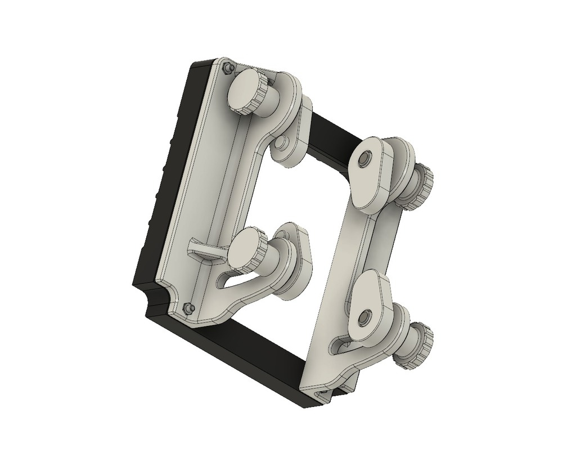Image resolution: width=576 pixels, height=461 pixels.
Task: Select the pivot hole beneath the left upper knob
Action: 282,147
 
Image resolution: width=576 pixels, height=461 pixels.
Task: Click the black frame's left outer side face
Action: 163,186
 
